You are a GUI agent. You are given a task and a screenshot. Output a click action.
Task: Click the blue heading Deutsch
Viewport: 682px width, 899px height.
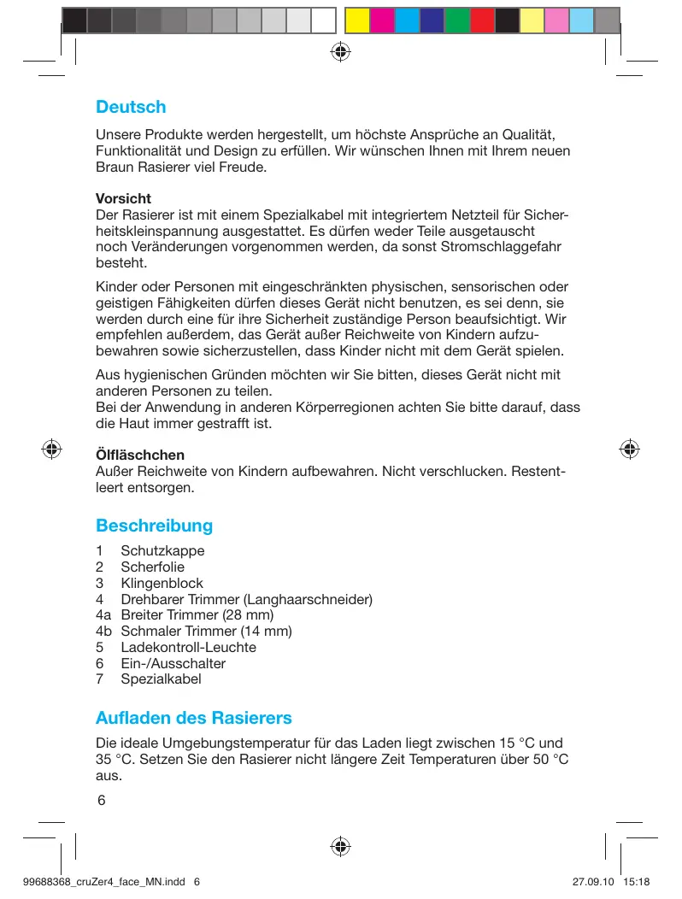131,108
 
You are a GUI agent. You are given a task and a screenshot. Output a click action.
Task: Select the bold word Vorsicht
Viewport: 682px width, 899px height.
123,199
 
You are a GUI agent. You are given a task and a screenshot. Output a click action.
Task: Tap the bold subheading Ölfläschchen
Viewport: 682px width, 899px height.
140,455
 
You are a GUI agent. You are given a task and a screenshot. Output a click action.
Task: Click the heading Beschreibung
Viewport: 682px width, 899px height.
154,525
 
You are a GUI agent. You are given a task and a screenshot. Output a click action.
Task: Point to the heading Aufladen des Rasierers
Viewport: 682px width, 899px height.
194,717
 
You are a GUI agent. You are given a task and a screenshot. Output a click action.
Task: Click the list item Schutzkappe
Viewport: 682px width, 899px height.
162,550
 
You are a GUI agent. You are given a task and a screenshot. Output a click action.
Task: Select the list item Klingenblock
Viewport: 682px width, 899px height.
162,583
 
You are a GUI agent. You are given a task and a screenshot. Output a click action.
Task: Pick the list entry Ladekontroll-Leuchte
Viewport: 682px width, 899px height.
188,648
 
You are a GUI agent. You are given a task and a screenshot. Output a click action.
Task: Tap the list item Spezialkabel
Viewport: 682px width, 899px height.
161,679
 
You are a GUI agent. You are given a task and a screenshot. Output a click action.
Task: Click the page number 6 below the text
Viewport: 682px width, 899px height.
101,801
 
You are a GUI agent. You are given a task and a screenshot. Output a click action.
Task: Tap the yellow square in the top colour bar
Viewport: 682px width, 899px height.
357,20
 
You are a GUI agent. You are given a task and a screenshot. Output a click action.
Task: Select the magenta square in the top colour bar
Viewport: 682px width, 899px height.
382,20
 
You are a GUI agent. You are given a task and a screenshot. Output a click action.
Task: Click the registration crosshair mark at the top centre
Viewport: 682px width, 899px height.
340,50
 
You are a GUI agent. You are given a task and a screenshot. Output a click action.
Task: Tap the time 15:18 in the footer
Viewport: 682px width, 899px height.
638,882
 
